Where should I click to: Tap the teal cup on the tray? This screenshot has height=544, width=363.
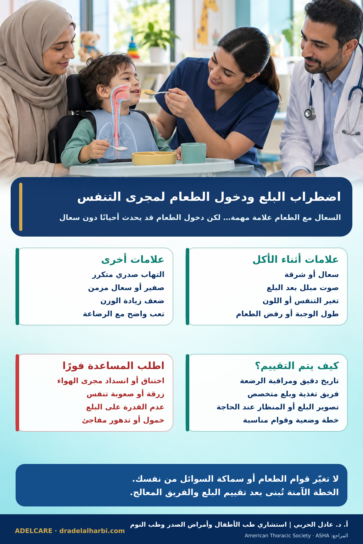193,153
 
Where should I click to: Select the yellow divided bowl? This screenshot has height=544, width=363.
154,158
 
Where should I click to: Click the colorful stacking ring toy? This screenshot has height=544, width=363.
133,49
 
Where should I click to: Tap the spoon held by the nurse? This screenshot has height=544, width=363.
158,92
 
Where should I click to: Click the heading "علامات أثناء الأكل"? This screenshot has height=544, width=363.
295,259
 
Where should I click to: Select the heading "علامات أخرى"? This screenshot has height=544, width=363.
133,259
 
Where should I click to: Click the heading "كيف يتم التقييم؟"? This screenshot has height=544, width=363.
297,365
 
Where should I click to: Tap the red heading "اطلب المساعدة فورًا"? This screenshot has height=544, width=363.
113,365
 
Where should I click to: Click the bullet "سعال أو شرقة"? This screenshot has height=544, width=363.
312,275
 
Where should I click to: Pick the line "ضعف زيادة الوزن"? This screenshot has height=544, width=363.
132,301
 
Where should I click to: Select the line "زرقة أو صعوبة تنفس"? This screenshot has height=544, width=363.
125,394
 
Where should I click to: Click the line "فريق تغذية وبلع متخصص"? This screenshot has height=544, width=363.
293,394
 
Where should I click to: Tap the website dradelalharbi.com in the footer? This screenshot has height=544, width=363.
92,531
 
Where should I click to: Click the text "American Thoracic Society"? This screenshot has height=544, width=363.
278,535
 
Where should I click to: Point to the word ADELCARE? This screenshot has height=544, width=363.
34,531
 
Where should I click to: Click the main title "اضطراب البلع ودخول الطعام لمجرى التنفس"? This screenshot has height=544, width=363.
209,197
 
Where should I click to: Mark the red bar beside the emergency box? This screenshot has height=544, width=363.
17,393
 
